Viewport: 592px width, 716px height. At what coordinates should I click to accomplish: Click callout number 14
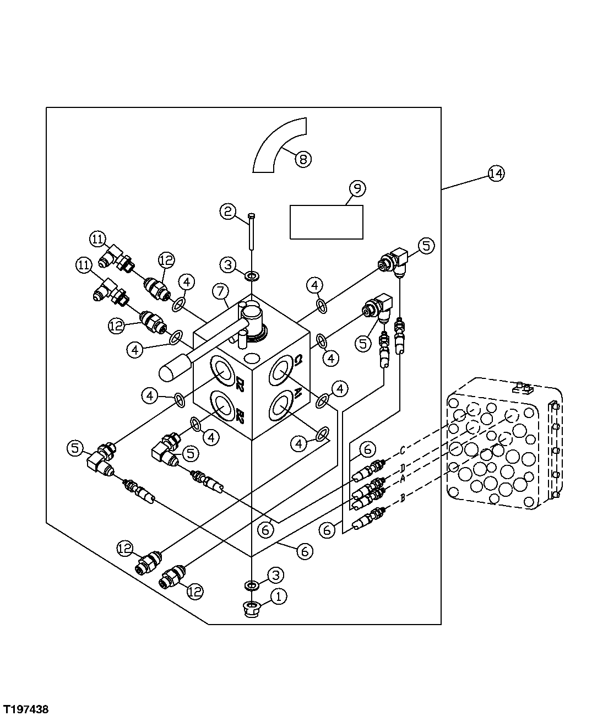coord(496,173)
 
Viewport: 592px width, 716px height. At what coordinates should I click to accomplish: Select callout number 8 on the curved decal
coord(303,159)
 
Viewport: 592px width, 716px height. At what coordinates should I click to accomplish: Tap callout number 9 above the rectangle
coord(357,189)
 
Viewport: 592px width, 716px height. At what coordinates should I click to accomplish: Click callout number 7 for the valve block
coord(219,290)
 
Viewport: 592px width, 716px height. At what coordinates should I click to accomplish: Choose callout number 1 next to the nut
coord(279,596)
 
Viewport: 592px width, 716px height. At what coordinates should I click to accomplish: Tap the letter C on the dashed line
coord(403,451)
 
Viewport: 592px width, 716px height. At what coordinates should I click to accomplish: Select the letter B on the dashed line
coord(403,498)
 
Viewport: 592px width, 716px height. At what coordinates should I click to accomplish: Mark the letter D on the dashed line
coord(403,468)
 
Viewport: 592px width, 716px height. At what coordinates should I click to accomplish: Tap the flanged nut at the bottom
coord(252,609)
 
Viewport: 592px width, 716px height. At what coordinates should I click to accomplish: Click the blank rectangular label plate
coord(326,222)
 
